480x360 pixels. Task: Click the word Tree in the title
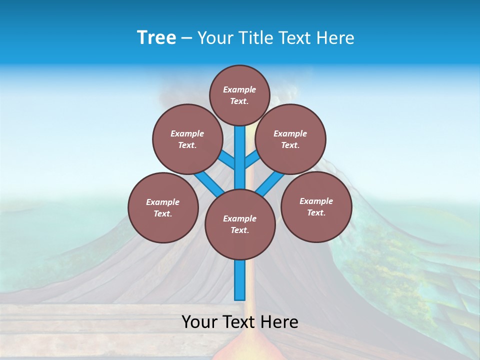click(x=156, y=37)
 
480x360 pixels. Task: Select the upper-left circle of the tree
click(x=187, y=139)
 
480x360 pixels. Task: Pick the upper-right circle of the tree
click(x=290, y=139)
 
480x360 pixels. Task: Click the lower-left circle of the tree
click(x=162, y=207)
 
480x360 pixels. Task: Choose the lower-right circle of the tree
click(x=316, y=206)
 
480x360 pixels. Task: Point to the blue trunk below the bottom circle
click(x=240, y=280)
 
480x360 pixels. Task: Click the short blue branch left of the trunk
click(x=227, y=160)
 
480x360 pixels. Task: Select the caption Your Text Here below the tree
click(x=240, y=322)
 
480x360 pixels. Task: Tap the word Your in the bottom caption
click(x=199, y=322)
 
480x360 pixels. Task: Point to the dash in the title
click(x=186, y=38)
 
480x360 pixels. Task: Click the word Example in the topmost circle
click(x=239, y=89)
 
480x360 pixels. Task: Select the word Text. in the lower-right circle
click(x=316, y=212)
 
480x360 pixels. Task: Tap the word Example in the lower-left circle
click(x=162, y=202)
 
